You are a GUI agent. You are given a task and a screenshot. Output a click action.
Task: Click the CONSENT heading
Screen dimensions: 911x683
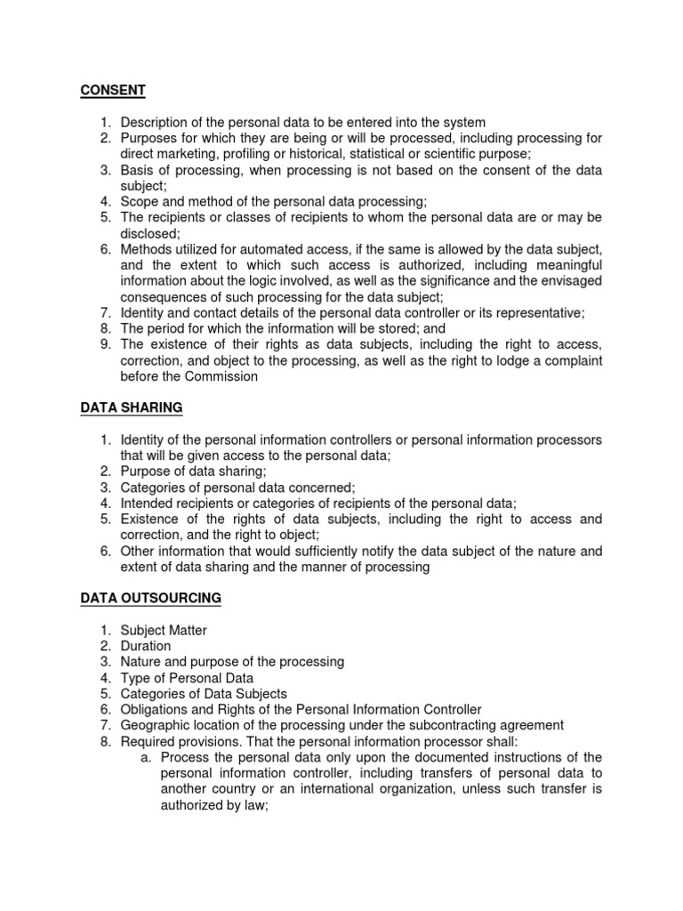point(113,90)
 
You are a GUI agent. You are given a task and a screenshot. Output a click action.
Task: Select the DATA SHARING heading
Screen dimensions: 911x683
point(132,407)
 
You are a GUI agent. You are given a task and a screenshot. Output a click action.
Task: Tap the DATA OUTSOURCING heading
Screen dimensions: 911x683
point(150,598)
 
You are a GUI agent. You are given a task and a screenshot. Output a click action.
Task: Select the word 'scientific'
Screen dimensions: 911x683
point(467,154)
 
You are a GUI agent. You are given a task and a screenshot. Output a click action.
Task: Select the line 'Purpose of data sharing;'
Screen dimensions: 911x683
point(193,471)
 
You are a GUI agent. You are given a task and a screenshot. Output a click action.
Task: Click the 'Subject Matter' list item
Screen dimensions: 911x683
point(164,630)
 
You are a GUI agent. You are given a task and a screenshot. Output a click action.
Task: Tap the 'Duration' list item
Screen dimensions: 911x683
point(146,646)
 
